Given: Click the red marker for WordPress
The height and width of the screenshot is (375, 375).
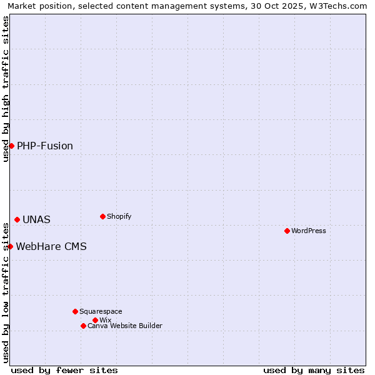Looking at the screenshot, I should [x=287, y=231].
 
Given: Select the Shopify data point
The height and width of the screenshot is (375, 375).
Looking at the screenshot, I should [x=102, y=216].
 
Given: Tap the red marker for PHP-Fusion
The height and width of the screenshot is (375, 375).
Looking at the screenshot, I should [x=11, y=146].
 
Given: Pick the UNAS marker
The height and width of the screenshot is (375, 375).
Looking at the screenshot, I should [x=17, y=219].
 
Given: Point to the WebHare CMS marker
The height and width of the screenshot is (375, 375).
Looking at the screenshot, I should [x=10, y=246].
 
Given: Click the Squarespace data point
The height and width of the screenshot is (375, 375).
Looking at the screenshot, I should [x=75, y=311].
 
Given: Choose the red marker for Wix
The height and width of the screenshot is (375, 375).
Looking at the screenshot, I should [x=95, y=320].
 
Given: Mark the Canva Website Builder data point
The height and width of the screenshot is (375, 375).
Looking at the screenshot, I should [x=83, y=326].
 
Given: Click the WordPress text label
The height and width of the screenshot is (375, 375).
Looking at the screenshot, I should [x=309, y=231].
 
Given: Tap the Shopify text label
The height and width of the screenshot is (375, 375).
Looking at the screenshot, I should [x=119, y=216].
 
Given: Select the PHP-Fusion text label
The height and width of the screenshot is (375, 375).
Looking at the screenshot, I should [x=45, y=146].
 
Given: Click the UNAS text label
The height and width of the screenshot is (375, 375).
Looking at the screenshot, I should [x=36, y=220].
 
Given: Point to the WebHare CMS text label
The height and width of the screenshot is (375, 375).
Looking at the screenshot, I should [x=51, y=247].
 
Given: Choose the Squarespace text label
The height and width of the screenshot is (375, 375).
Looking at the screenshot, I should [x=101, y=311].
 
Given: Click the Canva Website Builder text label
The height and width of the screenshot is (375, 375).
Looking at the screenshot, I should [x=125, y=326].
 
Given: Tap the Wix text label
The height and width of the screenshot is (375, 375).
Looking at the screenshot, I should [x=105, y=320].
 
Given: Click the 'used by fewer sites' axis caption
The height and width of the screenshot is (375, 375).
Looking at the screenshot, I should [x=64, y=370].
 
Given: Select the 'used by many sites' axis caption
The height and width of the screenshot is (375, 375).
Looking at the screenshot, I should [x=314, y=370].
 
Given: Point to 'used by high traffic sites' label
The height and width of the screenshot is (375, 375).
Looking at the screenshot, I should [x=6, y=89].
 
